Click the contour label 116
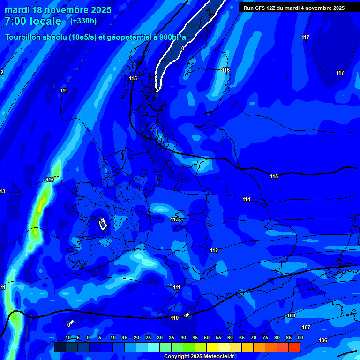coord(226,70)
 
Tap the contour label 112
coord(214,251)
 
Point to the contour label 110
coord(175,318)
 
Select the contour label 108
coord(291,316)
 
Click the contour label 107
coord(306,327)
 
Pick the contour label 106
coord(322,340)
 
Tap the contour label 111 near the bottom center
coord(177,287)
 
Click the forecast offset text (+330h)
coord(83,21)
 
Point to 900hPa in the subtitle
coord(171,37)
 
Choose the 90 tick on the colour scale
coord(300,337)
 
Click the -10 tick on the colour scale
coord(67,337)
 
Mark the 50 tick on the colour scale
coord(207,337)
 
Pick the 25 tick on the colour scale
coord(148,337)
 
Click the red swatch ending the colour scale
coord(294,347)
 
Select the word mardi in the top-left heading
coord(17,10)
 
